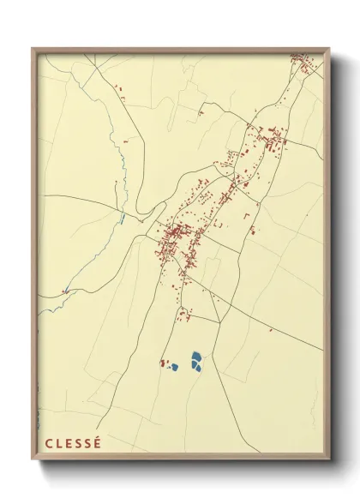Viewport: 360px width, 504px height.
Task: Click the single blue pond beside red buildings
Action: tap(174, 366)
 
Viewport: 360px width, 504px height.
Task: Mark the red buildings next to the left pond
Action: tap(163, 363)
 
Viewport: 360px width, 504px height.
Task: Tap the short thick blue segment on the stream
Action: tap(123, 219)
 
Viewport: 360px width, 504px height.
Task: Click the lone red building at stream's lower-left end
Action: tap(65, 291)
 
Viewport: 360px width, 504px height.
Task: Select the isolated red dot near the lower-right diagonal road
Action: tap(272, 329)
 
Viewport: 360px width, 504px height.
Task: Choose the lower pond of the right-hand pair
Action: tap(195, 367)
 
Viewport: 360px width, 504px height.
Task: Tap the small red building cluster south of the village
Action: tap(183, 315)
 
